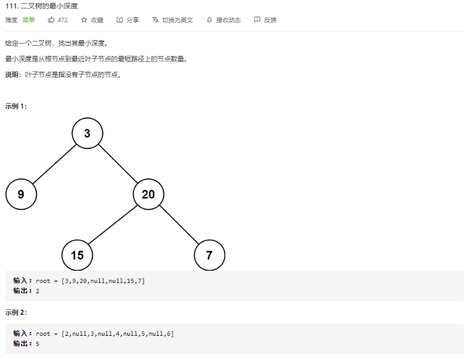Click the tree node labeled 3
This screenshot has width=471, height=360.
(x=87, y=134)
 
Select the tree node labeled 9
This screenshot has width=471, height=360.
(x=21, y=195)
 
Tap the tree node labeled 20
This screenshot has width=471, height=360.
(x=148, y=195)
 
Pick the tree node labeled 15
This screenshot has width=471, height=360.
(x=77, y=255)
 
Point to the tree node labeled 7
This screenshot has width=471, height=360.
(x=209, y=255)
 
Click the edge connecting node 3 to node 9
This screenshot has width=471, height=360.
(x=54, y=164)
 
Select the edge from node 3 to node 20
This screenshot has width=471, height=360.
(x=118, y=164)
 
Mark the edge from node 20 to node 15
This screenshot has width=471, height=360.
(x=113, y=225)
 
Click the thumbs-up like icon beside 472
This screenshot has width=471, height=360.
(x=51, y=20)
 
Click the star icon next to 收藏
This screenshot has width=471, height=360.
(x=84, y=20)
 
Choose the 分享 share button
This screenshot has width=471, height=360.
(x=128, y=20)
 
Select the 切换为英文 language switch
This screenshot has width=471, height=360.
(x=172, y=20)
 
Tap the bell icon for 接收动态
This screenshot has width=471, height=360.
(x=209, y=20)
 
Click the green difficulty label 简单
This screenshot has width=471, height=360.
(x=29, y=20)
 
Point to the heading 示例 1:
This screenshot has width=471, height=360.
(x=16, y=106)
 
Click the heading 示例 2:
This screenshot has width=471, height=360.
(x=16, y=312)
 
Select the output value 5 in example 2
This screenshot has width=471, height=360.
(x=38, y=343)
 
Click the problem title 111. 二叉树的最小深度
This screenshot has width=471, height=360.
(x=41, y=6)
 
